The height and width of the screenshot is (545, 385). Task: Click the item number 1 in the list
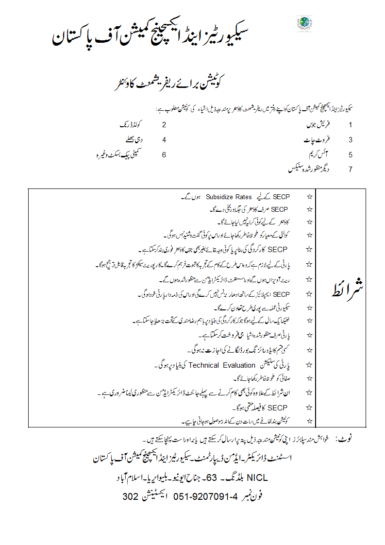point(350,125)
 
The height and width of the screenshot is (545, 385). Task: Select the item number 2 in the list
point(164,125)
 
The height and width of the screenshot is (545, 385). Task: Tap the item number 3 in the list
point(350,140)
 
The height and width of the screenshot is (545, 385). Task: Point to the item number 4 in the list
point(164,140)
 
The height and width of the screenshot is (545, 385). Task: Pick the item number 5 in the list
point(350,155)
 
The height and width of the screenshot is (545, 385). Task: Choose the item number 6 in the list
point(164,155)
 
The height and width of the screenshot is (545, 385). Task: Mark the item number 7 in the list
point(350,170)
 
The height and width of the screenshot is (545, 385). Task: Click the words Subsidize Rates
point(229,197)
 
